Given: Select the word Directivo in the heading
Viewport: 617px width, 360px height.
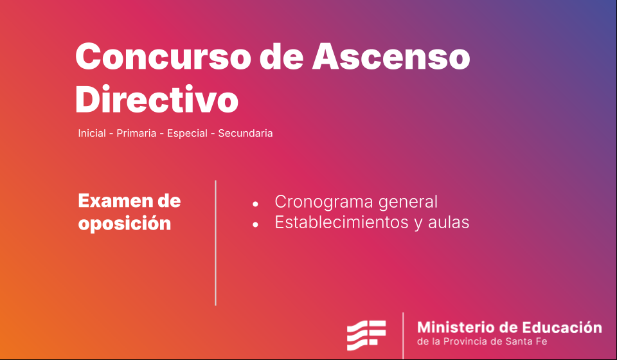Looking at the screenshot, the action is point(157,99).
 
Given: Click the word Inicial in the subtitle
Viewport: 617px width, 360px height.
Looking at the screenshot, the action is point(92,133).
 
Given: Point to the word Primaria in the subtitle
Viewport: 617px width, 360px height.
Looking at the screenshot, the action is point(136,133).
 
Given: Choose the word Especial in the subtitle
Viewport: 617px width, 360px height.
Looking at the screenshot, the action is point(187,133).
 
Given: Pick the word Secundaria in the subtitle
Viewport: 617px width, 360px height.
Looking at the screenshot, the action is point(245,133).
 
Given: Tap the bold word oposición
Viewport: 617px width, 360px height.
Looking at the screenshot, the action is point(124,224).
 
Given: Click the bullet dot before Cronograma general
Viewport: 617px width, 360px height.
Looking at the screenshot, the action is point(255,204).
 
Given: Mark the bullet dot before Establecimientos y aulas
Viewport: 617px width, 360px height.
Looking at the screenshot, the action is point(255,224).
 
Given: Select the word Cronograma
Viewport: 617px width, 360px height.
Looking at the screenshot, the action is point(324,202).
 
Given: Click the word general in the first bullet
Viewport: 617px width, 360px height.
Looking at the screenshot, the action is point(407,202).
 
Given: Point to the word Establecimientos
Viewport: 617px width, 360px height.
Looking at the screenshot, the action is point(341,222).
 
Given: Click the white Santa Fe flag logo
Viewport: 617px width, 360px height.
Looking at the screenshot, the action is point(366,335).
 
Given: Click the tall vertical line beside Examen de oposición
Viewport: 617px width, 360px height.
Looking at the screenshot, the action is point(216,243).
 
